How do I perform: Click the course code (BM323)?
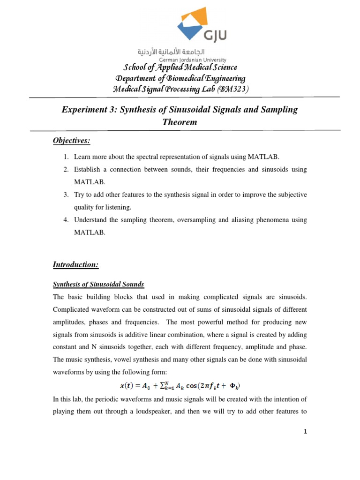coord(232,89)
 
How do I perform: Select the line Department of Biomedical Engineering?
coord(180,78)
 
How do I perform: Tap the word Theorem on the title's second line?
coord(180,122)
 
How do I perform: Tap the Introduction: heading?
coord(75,265)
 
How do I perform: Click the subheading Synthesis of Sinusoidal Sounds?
coord(98,285)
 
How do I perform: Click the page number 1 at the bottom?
coord(305,432)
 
